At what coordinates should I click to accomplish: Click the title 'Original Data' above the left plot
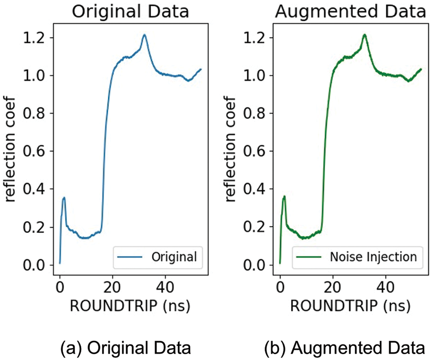[130, 11]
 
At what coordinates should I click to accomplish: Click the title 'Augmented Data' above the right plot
[351, 11]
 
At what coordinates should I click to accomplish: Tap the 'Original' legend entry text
[174, 257]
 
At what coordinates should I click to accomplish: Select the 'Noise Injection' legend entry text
[373, 257]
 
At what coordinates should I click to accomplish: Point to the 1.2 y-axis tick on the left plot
[36, 38]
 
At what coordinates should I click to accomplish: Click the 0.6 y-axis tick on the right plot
[256, 152]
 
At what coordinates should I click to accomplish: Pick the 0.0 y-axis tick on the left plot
[36, 265]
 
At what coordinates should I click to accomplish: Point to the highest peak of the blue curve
[144, 35]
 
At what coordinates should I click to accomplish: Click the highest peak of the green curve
[365, 35]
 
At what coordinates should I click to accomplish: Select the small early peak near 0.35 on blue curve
[64, 197]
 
